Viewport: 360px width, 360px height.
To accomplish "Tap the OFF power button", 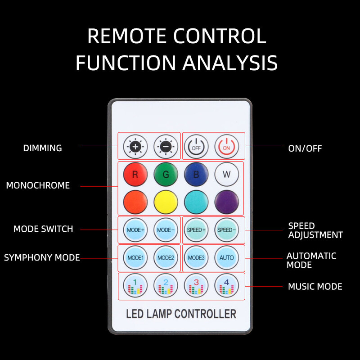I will tap(196, 146).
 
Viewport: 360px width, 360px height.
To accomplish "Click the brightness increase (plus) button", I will tap(135, 146).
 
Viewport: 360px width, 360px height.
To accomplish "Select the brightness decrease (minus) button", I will tap(166, 146).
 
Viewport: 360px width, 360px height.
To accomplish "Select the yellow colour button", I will tap(166, 202).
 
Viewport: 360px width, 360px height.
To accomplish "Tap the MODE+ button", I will tap(135, 229).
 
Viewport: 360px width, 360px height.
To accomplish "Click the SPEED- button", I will tap(226, 229).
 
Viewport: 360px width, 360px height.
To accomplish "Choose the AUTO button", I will tap(226, 257).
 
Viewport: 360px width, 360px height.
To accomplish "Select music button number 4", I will tap(226, 286).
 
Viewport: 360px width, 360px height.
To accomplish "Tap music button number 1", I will tap(135, 286).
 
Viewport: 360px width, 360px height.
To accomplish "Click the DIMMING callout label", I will tap(43, 148).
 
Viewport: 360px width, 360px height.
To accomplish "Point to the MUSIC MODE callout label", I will tap(315, 287).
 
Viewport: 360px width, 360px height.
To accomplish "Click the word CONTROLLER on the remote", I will tap(205, 314).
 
